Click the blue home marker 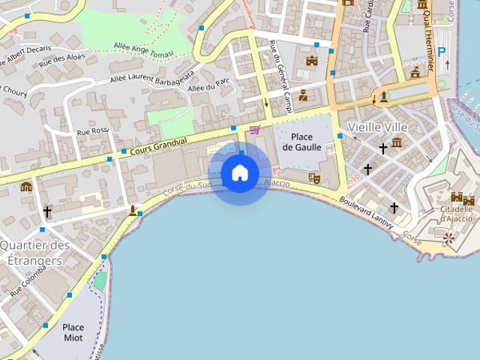pos(240,173)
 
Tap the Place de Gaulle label pos(301,142)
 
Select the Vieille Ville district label pos(377,127)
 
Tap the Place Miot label pos(73,332)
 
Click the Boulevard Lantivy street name pos(367,211)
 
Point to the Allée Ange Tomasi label pos(143,49)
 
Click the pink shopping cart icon pos(255,130)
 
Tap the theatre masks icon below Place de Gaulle pos(314,178)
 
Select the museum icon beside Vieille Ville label pos(397,142)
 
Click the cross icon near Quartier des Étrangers pos(47,212)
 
